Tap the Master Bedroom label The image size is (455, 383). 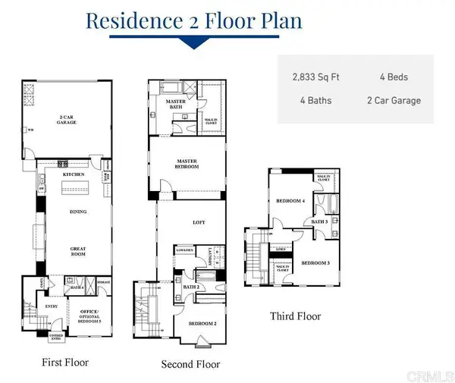coord(187,165)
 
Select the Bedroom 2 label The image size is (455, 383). coord(199,323)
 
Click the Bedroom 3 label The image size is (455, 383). coord(315,262)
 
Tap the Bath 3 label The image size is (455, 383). coord(320,221)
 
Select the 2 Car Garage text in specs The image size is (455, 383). coord(394,100)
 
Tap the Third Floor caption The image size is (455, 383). coord(296,316)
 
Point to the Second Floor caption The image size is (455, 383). coord(191,365)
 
